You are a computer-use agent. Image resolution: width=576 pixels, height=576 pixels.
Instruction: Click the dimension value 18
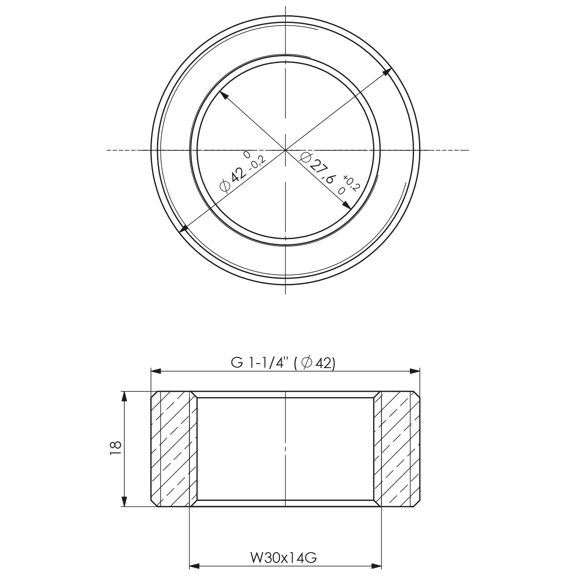coord(115,449)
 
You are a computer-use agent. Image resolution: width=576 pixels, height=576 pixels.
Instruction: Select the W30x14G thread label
coord(284,558)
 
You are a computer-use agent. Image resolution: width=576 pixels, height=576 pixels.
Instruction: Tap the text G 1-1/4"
coord(259,364)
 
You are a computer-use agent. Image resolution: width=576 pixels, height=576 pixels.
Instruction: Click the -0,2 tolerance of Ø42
coord(257,163)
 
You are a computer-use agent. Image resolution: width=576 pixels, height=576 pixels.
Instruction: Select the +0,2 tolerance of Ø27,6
coord(351,181)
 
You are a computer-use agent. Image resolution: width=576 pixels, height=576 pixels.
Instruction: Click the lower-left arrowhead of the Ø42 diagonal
coord(183,229)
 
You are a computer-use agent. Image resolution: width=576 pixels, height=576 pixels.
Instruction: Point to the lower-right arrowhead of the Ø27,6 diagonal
coord(347,206)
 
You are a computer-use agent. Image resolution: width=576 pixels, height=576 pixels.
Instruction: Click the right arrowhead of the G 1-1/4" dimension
coord(415,371)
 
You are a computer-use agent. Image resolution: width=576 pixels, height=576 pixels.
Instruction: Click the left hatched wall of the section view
coord(173,449)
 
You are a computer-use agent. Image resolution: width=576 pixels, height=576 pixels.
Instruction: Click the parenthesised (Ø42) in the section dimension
coord(314,364)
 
